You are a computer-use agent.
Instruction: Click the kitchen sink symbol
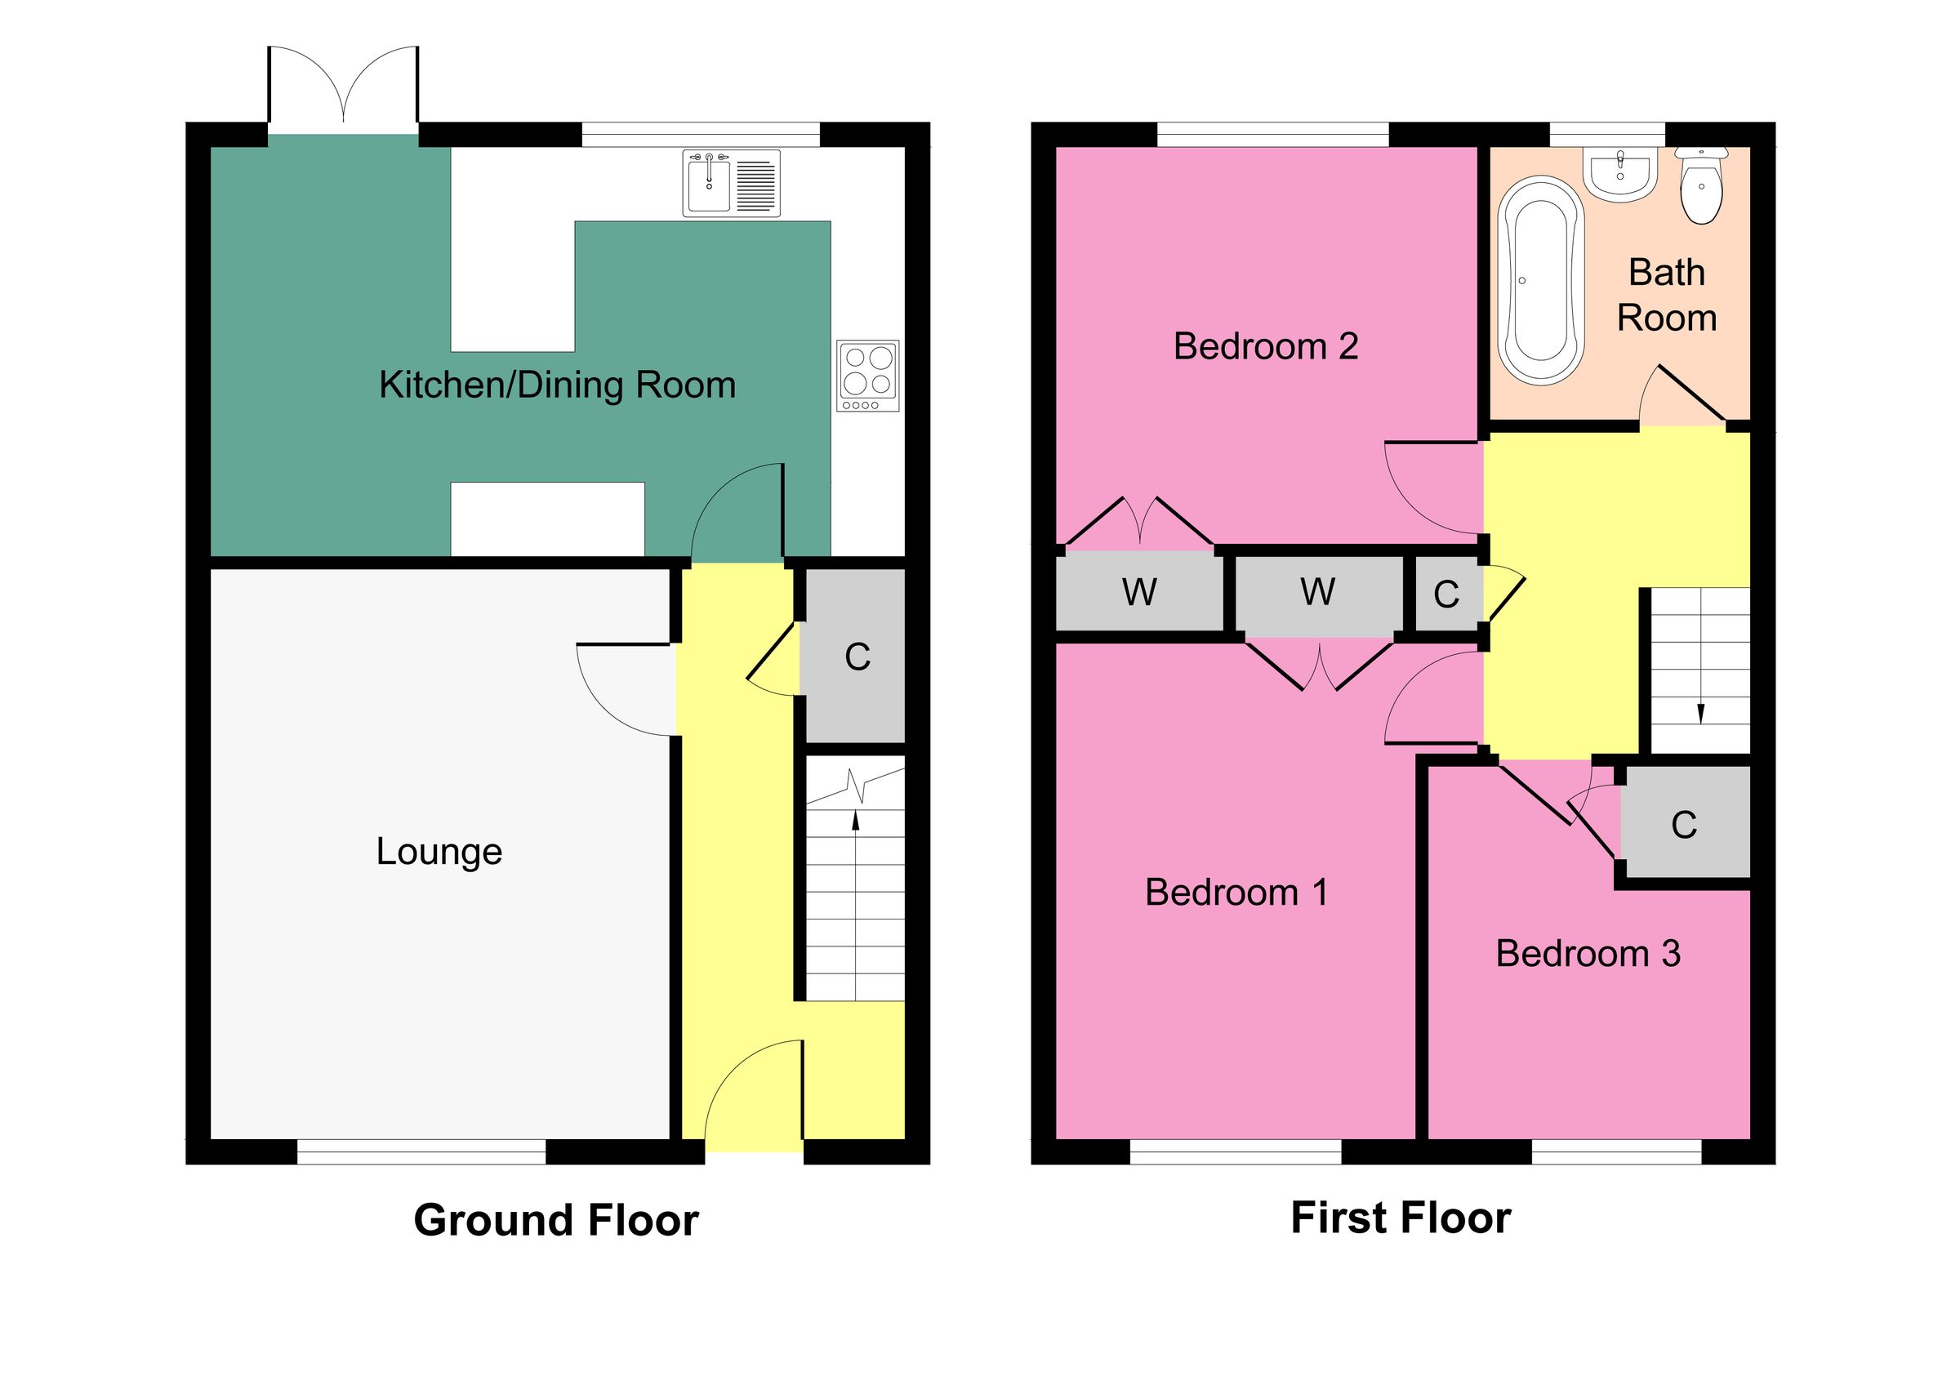click(731, 183)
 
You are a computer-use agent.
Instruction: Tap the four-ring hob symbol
click(868, 376)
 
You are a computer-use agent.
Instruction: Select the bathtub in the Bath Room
click(1540, 280)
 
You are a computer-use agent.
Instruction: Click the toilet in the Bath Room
click(1700, 185)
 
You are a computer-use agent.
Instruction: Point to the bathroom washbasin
click(1619, 173)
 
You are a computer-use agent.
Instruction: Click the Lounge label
click(439, 852)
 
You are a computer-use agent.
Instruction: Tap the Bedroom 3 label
click(1588, 954)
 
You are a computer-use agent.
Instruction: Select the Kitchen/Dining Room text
click(557, 385)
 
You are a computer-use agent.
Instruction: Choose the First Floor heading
click(1401, 1218)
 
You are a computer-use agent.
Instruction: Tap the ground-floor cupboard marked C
click(856, 657)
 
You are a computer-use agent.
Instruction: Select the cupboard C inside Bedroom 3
click(1683, 824)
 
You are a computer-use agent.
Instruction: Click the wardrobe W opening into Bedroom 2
click(1138, 591)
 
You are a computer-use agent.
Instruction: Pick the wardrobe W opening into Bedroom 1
click(1317, 591)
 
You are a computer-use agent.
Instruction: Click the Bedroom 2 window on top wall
click(1272, 134)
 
